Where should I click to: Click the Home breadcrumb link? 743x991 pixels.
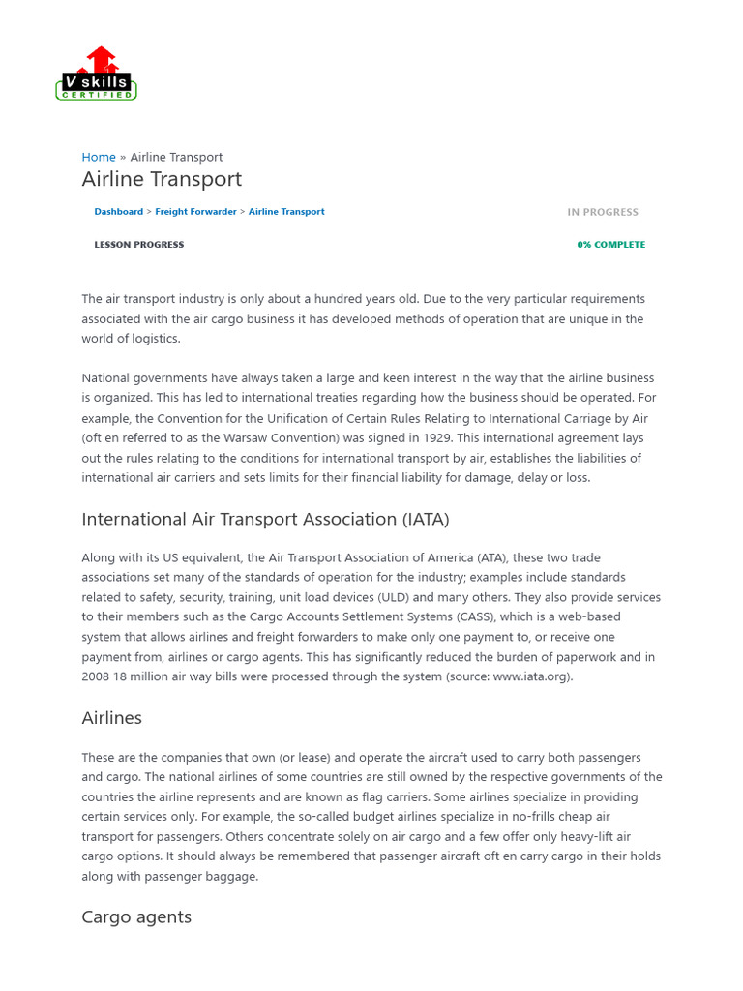[x=99, y=157]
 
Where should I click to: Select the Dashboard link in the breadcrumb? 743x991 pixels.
[x=118, y=212]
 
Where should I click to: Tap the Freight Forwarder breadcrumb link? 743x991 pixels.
[x=195, y=212]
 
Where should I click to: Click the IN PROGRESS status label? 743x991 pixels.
[x=603, y=212]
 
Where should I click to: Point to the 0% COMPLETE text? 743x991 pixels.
[x=610, y=245]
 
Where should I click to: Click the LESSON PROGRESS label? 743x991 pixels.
[x=138, y=245]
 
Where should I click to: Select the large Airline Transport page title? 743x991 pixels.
[x=162, y=179]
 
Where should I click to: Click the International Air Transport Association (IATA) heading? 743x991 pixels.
[x=265, y=520]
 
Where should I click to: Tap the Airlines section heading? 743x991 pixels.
[x=111, y=718]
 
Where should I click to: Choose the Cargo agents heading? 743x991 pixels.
[x=136, y=917]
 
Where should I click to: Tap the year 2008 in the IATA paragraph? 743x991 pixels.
[x=96, y=677]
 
